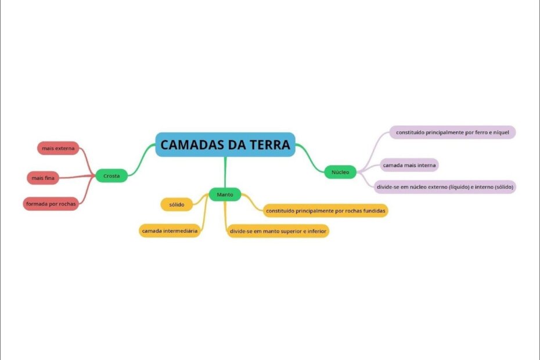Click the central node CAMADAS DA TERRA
[225, 145]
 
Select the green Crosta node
[111, 175]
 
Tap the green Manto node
[225, 195]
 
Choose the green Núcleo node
[340, 172]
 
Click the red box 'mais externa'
[58, 148]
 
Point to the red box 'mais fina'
[43, 177]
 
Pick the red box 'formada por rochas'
[51, 204]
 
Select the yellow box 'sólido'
[177, 204]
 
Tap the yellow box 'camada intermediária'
[170, 231]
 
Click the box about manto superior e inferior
[279, 231]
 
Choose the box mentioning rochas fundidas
[326, 210]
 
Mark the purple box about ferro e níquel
[452, 132]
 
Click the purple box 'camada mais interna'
[410, 165]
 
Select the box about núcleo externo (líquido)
[445, 186]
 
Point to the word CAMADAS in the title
[188, 145]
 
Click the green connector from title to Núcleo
[308, 158]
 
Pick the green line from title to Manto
[225, 172]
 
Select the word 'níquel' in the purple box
[500, 132]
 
